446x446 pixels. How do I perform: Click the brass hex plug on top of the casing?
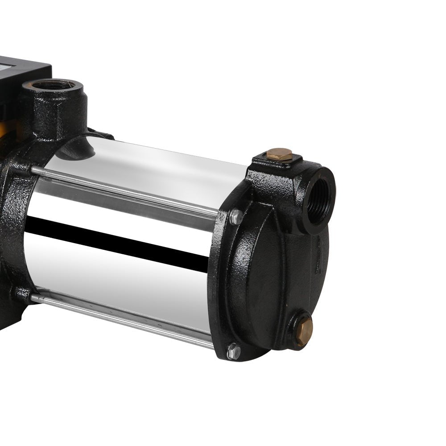pyautogui.click(x=279, y=154)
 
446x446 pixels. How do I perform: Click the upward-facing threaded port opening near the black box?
pyautogui.click(x=54, y=85)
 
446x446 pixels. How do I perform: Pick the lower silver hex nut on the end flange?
pyautogui.click(x=233, y=351)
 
